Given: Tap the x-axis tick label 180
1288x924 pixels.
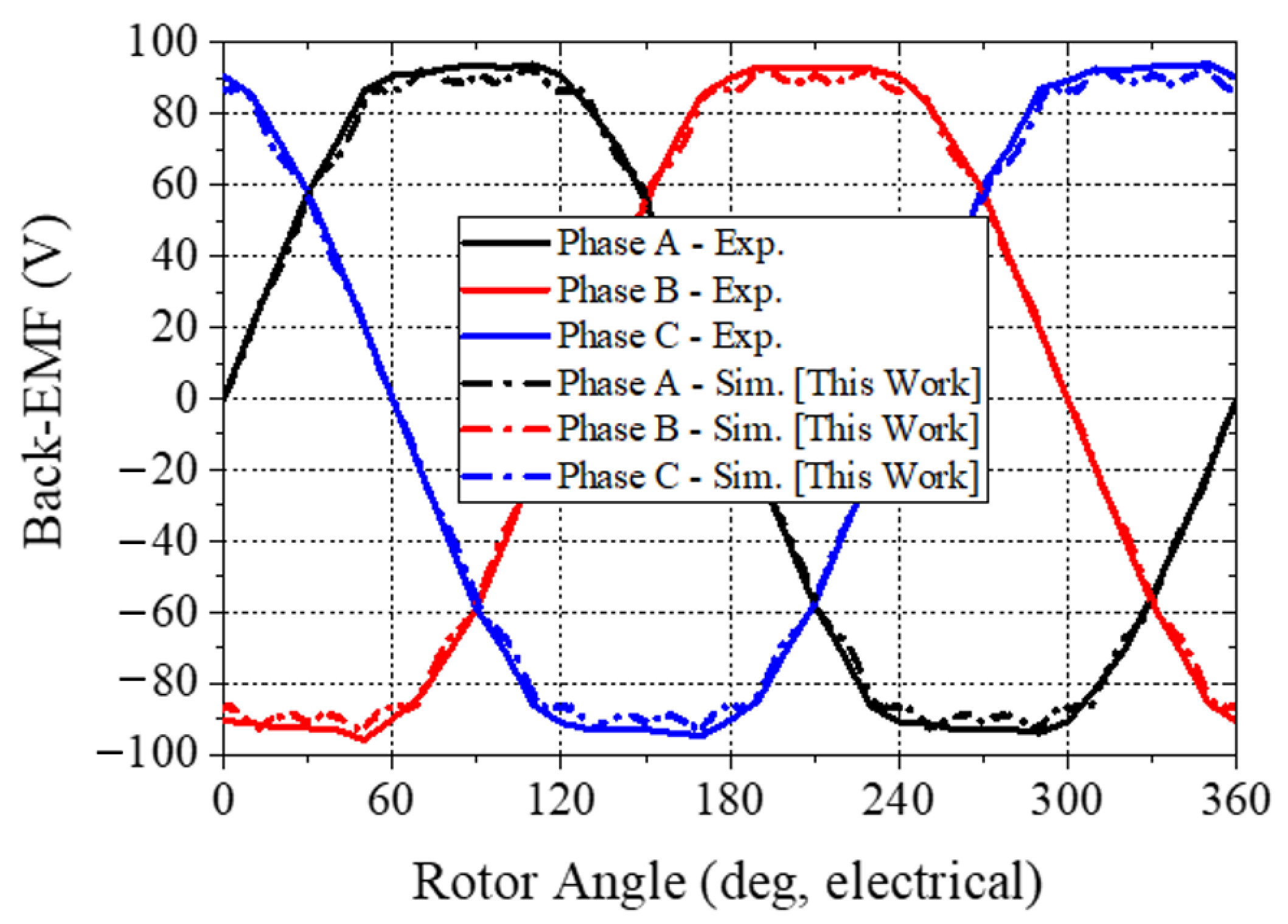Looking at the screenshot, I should pyautogui.click(x=729, y=799).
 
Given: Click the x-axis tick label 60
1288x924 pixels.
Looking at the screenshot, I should pyautogui.click(x=391, y=799).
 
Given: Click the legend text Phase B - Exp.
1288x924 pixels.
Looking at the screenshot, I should pyautogui.click(x=669, y=290).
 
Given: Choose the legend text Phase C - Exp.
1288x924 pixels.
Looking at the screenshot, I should pyautogui.click(x=669, y=336).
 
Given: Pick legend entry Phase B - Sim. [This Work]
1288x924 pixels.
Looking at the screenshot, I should pyautogui.click(x=768, y=429).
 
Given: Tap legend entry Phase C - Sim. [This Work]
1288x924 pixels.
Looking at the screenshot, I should pyautogui.click(x=768, y=475).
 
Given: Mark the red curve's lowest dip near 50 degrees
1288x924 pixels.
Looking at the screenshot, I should pyautogui.click(x=364, y=740).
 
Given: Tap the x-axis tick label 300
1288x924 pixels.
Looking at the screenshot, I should pyautogui.click(x=1066, y=799).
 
